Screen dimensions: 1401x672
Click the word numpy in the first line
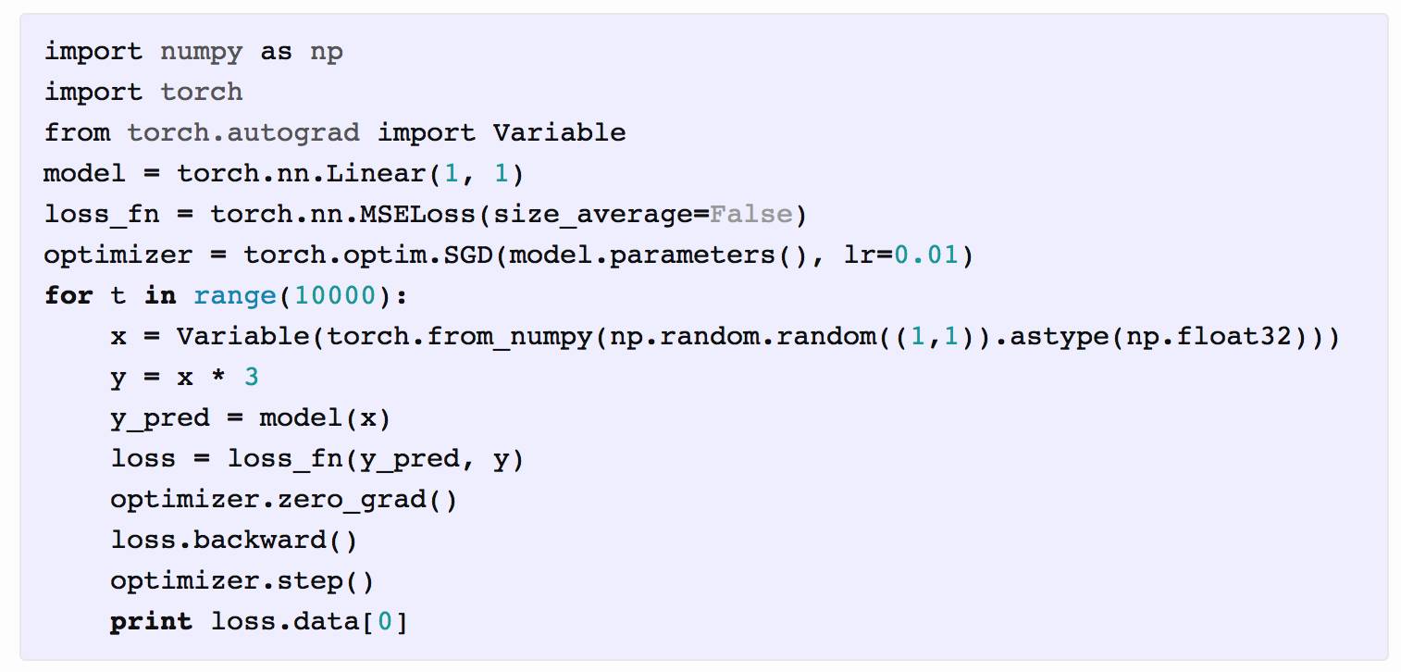(201, 52)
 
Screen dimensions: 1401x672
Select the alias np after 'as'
(326, 52)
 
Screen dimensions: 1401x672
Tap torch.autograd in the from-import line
(242, 132)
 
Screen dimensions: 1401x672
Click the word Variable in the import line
(559, 132)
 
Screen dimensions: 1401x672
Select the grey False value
(750, 215)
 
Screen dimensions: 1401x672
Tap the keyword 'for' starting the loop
(68, 296)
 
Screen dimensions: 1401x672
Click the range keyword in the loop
(234, 296)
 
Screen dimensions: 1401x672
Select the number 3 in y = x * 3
(252, 378)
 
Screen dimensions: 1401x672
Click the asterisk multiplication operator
(218, 378)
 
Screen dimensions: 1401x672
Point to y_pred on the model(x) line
(159, 418)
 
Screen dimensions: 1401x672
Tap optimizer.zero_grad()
(283, 500)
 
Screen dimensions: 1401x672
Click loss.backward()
(233, 541)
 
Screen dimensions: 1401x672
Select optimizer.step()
(242, 581)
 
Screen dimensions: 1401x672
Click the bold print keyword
(151, 622)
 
